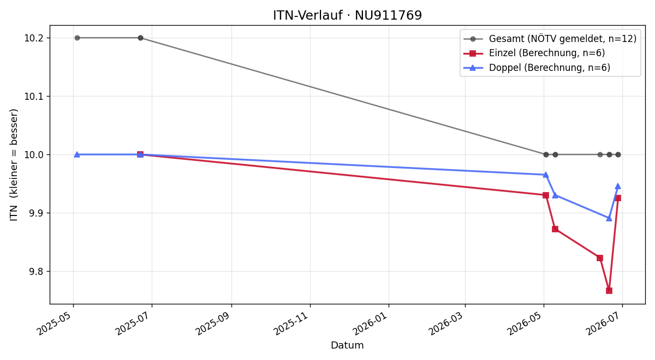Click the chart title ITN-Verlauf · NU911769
coord(347,15)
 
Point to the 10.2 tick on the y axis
coord(33,38)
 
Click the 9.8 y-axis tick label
coord(35,272)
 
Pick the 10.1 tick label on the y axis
coord(33,96)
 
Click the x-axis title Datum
coord(347,345)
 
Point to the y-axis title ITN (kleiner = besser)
coord(14,165)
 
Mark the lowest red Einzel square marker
coord(609,290)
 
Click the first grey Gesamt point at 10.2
coord(77,38)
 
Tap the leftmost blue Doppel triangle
coord(77,154)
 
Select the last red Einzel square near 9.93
coord(618,198)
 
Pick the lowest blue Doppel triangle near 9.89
coord(609,219)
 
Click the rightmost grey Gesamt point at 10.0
coord(618,154)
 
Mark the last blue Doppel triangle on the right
coord(618,187)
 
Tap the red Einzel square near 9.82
coord(600,258)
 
